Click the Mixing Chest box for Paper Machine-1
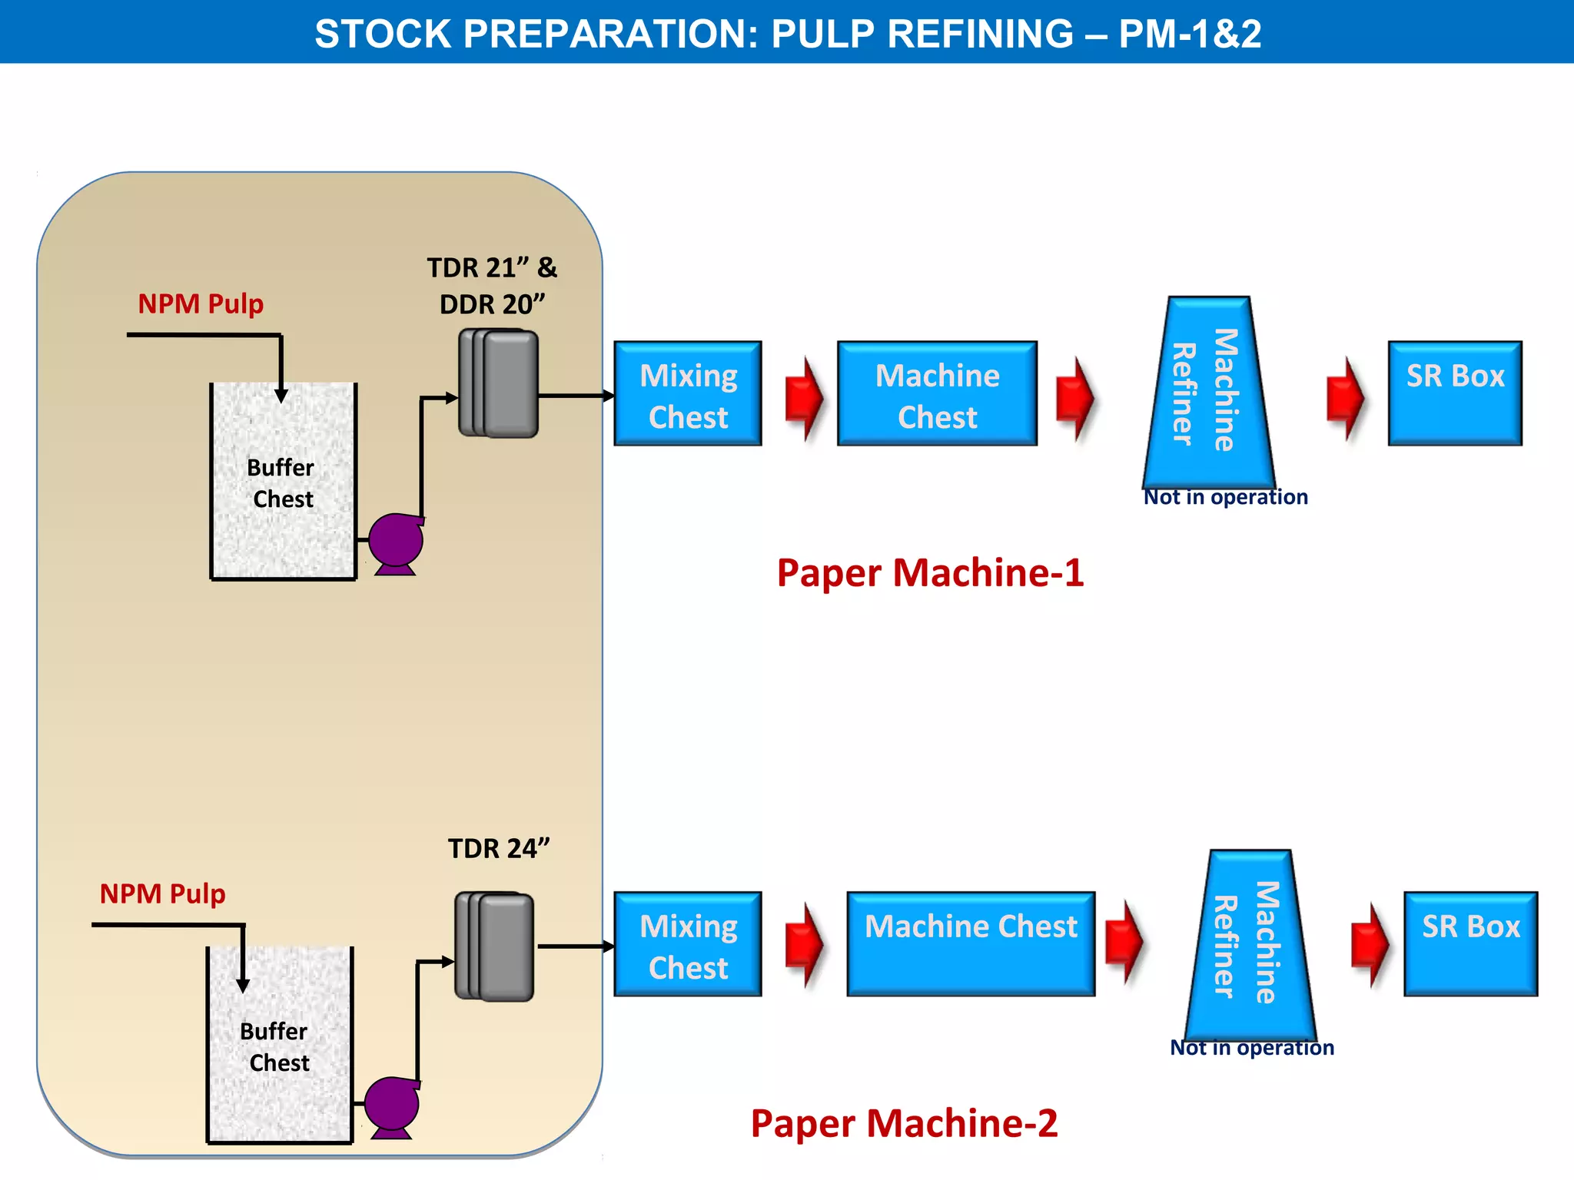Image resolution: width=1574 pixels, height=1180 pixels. (688, 394)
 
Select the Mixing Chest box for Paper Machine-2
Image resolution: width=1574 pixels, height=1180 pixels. (688, 944)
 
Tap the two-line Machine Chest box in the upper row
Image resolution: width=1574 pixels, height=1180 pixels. (937, 394)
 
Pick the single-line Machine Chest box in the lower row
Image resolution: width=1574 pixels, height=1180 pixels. (971, 944)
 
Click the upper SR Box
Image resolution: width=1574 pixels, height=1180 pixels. (1455, 393)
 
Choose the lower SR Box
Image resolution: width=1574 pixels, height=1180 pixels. (1470, 944)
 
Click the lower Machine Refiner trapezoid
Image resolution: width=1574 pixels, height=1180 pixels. (1250, 944)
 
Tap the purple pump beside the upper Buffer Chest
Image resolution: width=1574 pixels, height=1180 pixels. (396, 541)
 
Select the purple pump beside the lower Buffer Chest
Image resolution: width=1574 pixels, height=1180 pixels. (392, 1104)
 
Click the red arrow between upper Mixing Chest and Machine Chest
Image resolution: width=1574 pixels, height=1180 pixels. (804, 398)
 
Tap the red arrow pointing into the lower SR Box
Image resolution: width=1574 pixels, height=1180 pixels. (1370, 944)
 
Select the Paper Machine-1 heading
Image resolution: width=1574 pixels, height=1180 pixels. (930, 573)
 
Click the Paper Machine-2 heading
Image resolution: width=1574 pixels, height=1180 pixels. (904, 1123)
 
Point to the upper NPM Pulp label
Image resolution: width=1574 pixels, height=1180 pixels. (201, 303)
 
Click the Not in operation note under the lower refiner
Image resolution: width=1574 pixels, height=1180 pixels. (1251, 1048)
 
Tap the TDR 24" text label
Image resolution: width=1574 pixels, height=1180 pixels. (499, 848)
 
